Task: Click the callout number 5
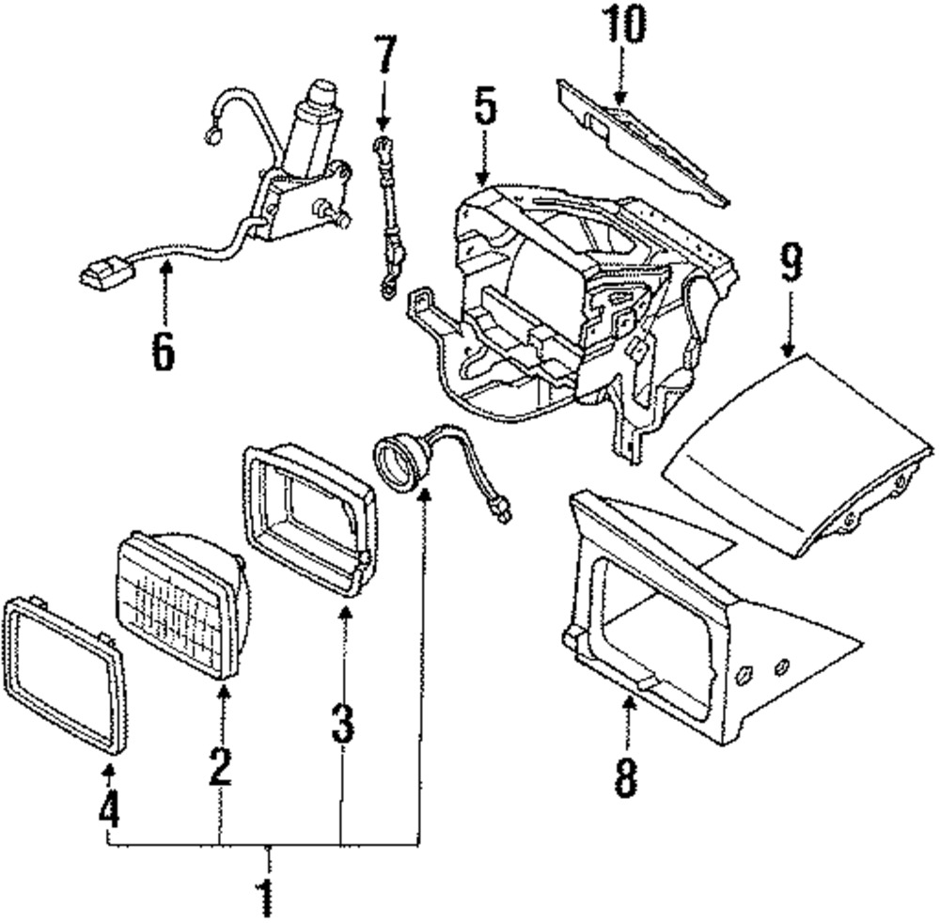click(484, 110)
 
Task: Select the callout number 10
click(624, 26)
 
